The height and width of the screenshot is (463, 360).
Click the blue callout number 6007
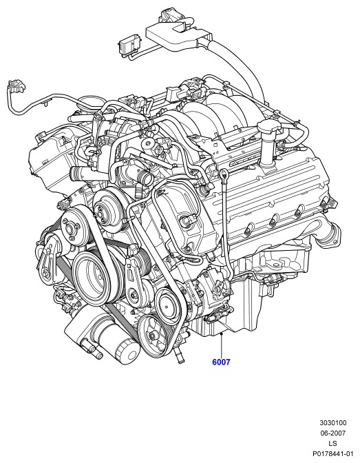(x=221, y=362)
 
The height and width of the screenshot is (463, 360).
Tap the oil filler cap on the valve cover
(x=268, y=127)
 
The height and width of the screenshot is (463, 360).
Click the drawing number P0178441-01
(x=333, y=453)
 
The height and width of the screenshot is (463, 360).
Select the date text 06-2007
(x=333, y=433)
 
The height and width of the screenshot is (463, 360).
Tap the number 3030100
(x=333, y=422)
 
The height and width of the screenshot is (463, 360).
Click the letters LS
(x=333, y=443)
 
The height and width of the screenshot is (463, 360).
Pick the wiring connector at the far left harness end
(x=17, y=85)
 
